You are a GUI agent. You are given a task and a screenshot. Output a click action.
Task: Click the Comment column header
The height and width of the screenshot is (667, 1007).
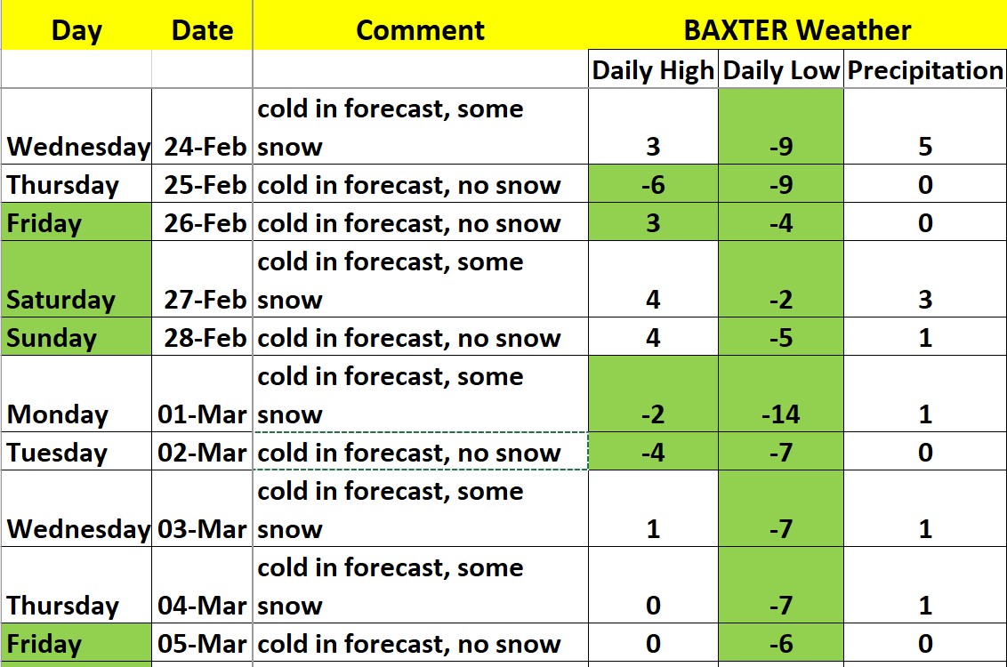(420, 30)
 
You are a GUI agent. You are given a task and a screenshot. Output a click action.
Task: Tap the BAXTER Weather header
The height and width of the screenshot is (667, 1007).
(797, 30)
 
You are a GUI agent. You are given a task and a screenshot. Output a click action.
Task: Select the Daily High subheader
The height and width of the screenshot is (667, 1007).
(652, 70)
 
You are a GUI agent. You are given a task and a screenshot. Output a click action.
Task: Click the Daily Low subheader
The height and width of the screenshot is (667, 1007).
(781, 70)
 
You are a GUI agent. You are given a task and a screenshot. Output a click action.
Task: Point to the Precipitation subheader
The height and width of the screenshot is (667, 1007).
(925, 70)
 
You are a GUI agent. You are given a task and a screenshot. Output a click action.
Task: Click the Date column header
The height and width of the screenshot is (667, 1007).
(202, 30)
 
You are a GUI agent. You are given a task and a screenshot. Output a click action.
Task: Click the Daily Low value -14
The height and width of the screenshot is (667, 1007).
(781, 414)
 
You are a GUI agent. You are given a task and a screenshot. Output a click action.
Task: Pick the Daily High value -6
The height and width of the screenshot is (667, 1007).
(653, 186)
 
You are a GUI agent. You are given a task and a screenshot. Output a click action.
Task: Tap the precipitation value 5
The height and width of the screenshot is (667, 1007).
(925, 147)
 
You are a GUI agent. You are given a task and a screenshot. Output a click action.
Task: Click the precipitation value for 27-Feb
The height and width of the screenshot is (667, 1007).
(925, 300)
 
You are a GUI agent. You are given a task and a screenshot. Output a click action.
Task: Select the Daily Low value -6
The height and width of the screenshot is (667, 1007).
(781, 644)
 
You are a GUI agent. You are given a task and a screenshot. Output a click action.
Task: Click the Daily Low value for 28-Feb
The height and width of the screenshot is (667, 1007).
(781, 338)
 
